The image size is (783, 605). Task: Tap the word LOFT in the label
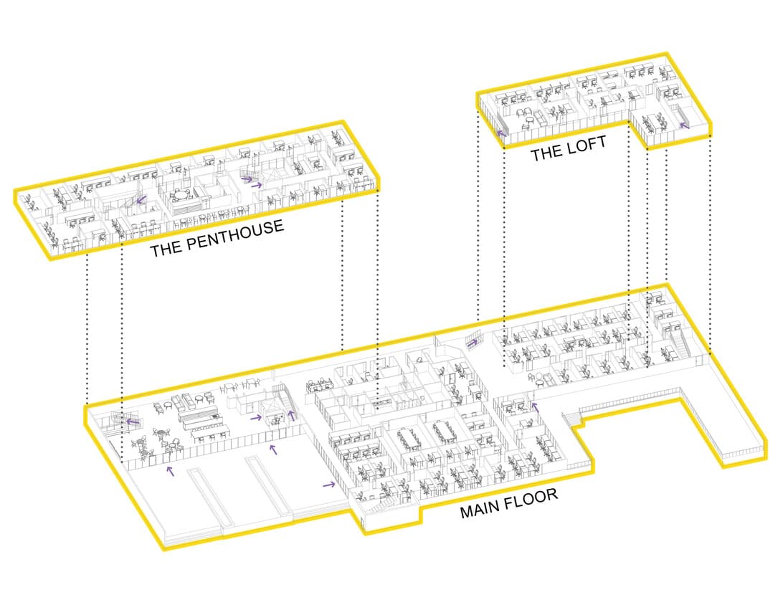point(587,146)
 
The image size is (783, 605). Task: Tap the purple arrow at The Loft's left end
point(503,133)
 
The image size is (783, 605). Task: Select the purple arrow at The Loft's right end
point(683,125)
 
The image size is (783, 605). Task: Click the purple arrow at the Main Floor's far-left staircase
point(132,421)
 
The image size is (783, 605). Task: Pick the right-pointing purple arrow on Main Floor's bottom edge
point(329,485)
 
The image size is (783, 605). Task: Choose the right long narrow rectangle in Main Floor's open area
point(270,483)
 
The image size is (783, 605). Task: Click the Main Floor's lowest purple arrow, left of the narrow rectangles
point(170,470)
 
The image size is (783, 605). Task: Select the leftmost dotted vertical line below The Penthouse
point(87,330)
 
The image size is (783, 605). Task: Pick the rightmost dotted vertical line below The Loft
point(710,244)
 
